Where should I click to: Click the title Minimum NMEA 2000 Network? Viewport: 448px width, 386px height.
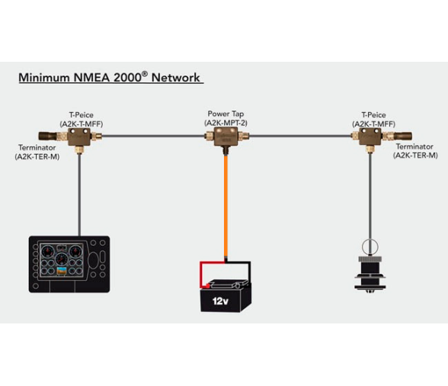pos(110,77)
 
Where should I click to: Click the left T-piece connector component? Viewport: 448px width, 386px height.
pos(78,137)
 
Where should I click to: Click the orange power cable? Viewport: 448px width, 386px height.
pos(225,206)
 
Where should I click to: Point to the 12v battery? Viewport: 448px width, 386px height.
pos(224,294)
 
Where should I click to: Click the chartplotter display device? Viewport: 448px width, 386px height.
pos(69,264)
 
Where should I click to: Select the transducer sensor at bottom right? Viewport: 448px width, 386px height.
pos(370,271)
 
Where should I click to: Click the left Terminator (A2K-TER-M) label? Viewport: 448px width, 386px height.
pos(37,152)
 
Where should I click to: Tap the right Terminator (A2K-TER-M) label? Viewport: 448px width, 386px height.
pos(414,151)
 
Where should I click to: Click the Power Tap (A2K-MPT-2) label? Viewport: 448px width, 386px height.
pos(226,118)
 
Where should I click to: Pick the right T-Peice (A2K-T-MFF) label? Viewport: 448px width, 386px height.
pos(373,119)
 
